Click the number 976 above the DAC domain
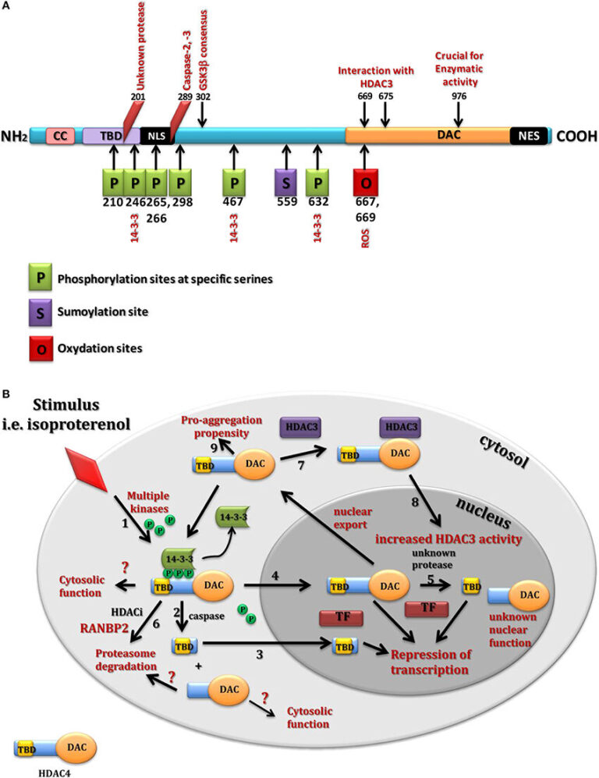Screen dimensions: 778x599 (459, 94)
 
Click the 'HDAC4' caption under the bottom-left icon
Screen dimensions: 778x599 (48, 767)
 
